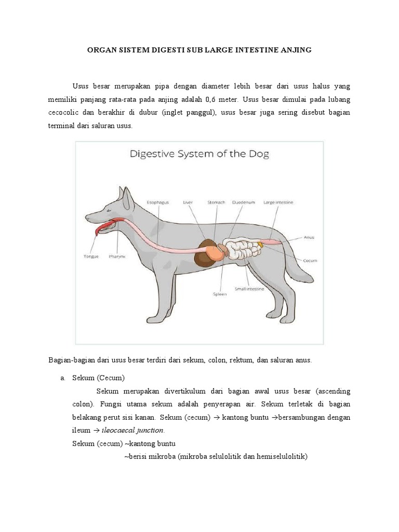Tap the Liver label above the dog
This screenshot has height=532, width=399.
coord(188,202)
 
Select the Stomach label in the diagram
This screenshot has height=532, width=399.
coord(216,202)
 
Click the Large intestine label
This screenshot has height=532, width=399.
coord(278,202)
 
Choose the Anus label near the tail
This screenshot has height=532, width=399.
coord(309,238)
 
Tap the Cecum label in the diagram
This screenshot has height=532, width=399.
coord(310,260)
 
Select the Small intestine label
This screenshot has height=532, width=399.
coord(249,288)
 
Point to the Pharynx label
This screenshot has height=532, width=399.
coord(116,256)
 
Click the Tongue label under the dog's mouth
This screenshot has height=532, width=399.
coord(91,256)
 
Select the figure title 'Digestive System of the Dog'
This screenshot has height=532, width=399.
coord(199,154)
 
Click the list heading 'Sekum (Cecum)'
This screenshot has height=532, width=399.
coord(99,378)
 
